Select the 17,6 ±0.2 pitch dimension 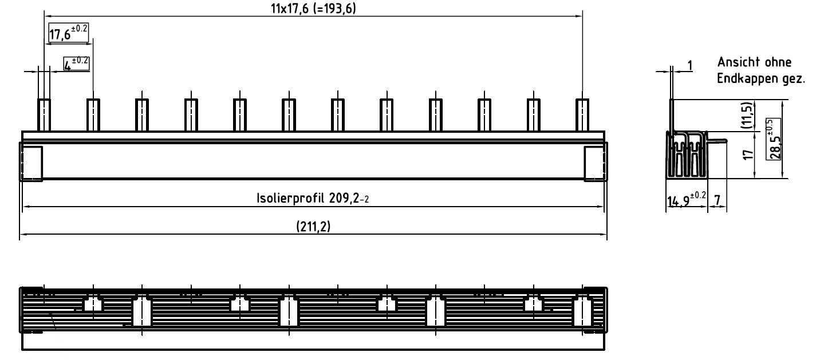click(68, 33)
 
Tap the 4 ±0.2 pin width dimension click(76, 64)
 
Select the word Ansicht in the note click(737, 62)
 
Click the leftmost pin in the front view click(44, 114)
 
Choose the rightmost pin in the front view click(582, 114)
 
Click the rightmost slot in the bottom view click(582, 311)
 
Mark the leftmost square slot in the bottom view click(93, 304)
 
